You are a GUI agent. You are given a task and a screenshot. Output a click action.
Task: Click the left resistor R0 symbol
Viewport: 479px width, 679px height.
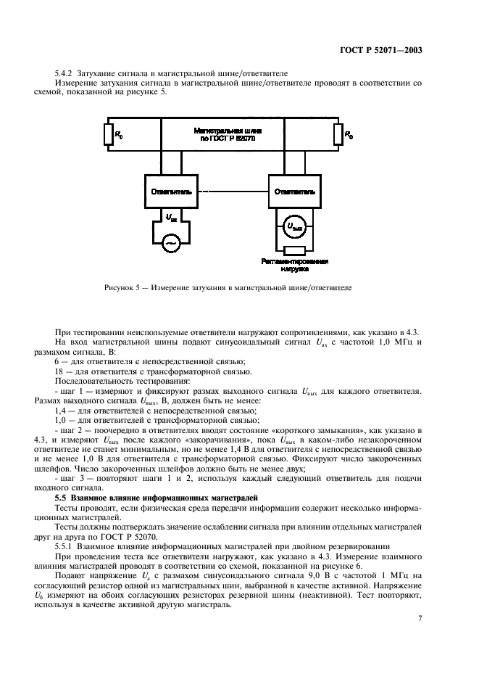coord(109,135)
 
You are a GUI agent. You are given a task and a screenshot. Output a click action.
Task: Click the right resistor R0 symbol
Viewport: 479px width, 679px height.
coord(338,135)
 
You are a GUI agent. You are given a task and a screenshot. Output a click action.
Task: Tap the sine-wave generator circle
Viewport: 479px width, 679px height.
coord(171,242)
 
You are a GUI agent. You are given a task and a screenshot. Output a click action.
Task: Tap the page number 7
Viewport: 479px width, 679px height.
coord(420,618)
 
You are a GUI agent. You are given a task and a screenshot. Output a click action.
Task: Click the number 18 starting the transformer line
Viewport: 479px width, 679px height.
coord(59,371)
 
